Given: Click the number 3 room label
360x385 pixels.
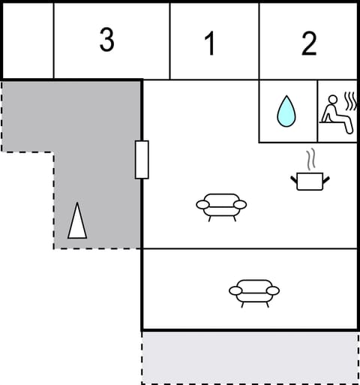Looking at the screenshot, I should click(107, 41).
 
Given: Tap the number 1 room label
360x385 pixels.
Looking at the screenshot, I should click(210, 44).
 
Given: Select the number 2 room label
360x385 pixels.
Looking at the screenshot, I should click(309, 44).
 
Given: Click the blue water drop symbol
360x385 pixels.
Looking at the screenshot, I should click(286, 111).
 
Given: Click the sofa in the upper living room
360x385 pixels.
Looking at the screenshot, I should click(221, 205).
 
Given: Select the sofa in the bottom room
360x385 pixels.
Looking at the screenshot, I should click(254, 291).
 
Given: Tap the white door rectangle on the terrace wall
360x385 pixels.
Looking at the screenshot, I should click(142, 159).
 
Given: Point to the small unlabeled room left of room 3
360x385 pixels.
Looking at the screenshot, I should click(28, 41).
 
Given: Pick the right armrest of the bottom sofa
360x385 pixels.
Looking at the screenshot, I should click(273, 290).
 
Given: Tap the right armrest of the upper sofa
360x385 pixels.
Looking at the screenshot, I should click(240, 204).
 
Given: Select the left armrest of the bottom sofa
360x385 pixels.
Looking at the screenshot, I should click(235, 290).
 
